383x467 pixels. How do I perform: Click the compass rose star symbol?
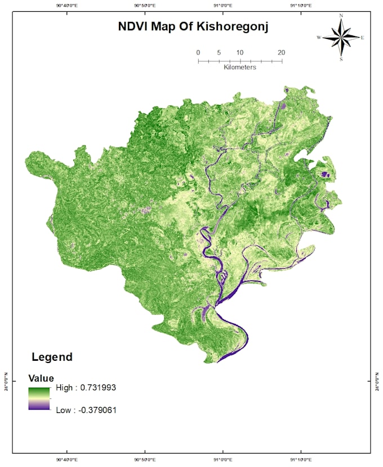click(341, 37)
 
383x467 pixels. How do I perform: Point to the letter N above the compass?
click(341, 16)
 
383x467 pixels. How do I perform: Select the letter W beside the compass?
click(319, 38)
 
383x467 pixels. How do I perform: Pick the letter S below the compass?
click(341, 58)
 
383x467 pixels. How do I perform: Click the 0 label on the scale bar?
click(198, 53)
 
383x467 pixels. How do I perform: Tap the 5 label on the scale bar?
click(219, 53)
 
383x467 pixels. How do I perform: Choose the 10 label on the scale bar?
click(239, 53)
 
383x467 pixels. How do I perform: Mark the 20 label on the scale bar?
click(281, 53)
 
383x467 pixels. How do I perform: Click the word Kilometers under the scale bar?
click(240, 67)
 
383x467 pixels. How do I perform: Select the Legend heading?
click(52, 357)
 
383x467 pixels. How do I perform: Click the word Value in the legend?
click(41, 379)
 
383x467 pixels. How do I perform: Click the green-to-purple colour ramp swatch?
click(40, 398)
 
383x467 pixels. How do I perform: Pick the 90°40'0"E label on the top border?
click(67, 5)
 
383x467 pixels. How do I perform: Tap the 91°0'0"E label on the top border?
click(222, 5)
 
